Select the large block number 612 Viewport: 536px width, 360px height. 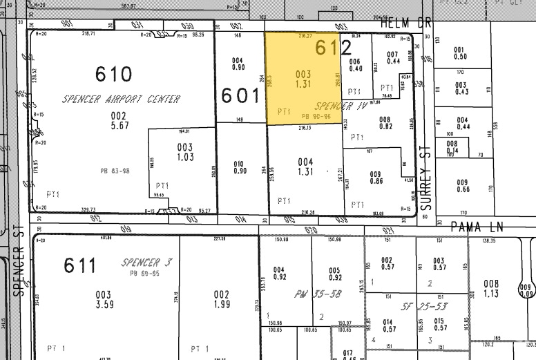coord(334,47)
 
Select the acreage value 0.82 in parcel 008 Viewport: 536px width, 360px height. coord(385,127)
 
